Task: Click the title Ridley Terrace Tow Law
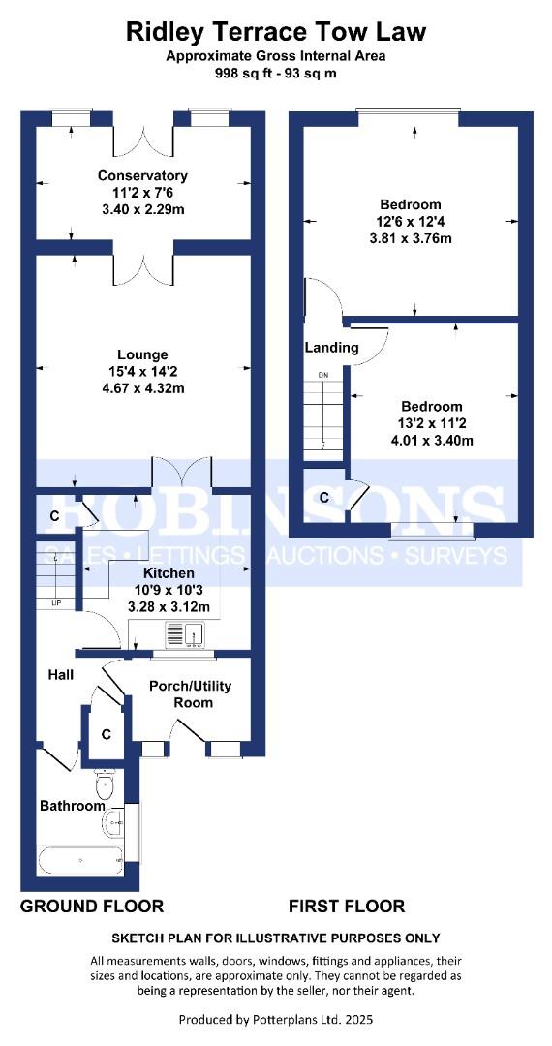coord(276,32)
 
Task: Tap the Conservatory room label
coord(142,175)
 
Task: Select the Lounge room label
coord(142,354)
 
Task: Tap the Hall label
coord(61,674)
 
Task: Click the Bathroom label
coord(72,806)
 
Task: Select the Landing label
coord(331,348)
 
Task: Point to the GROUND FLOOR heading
coord(92,907)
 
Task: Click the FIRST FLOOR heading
coord(347,907)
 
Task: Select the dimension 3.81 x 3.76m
coord(411,238)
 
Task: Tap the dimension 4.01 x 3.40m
coord(433,441)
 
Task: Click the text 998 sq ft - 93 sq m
coord(276,73)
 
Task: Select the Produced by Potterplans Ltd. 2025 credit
coord(276,1019)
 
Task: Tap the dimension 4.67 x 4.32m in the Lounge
coord(142,388)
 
